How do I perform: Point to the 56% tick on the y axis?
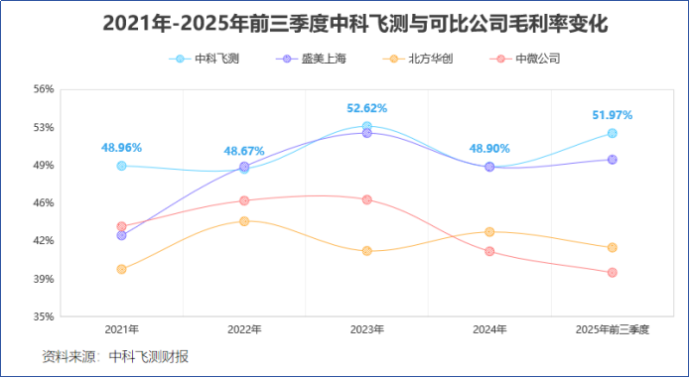tap(43, 89)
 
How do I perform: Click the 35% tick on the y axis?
tap(43, 317)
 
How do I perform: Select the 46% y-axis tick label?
tap(43, 203)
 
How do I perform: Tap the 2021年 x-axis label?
tap(121, 328)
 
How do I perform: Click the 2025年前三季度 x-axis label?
tap(613, 328)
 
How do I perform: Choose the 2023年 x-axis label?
tap(366, 328)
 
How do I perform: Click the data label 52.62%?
tap(366, 108)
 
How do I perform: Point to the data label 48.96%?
tap(121, 148)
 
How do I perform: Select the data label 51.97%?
tap(612, 115)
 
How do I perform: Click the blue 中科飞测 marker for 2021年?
tap(121, 166)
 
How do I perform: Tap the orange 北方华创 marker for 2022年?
tap(244, 221)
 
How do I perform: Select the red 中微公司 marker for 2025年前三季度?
tap(613, 272)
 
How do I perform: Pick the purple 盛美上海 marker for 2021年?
tap(121, 235)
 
